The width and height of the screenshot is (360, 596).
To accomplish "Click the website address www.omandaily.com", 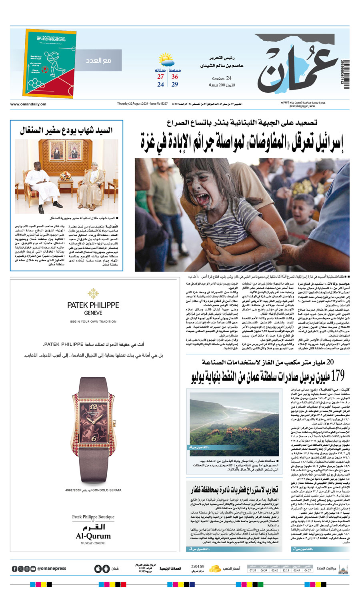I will [28, 104].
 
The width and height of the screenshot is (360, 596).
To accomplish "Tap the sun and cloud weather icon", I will [166, 60].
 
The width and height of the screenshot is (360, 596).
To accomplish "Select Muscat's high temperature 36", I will [175, 77].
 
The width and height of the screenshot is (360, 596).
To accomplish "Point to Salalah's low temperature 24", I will [160, 84].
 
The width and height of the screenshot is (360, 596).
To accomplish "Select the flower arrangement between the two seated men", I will [65, 176].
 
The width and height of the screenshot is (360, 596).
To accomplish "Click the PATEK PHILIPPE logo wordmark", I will [93, 305].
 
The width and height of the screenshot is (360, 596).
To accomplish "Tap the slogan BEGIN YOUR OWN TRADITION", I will [93, 321].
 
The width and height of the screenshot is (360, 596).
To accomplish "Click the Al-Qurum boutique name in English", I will [93, 536].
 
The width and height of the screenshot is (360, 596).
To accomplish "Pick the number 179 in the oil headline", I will [337, 376].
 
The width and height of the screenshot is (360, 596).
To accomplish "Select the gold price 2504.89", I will [198, 566].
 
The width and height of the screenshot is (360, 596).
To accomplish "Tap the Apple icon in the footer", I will [98, 568].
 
